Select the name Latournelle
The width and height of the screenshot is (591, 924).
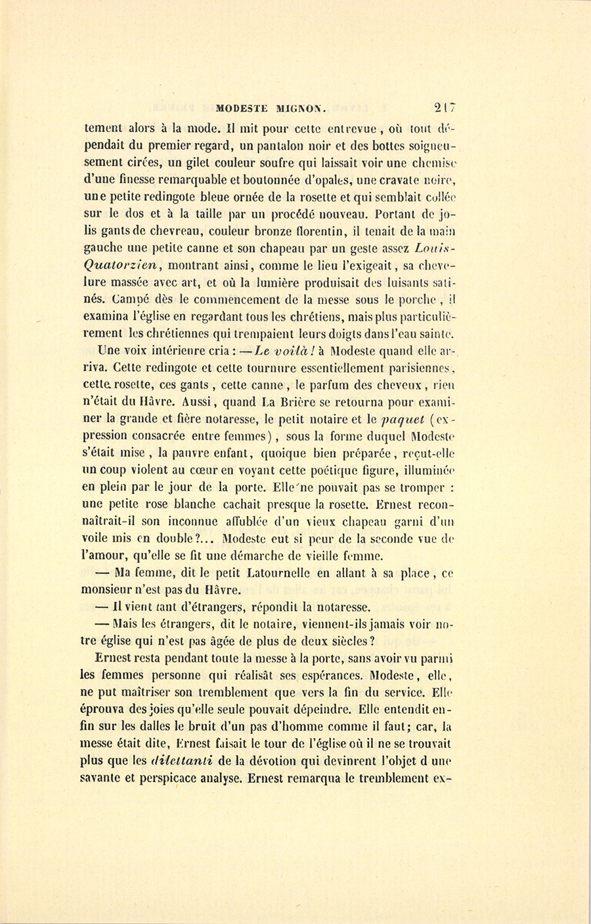point(280,573)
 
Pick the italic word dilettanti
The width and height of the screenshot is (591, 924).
point(173,762)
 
